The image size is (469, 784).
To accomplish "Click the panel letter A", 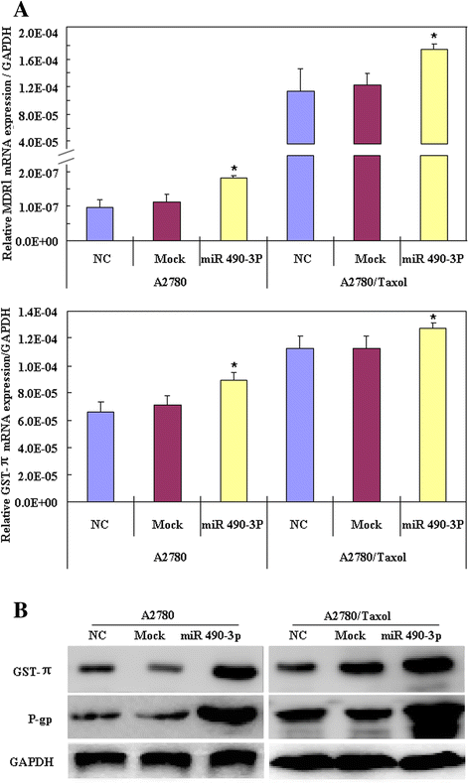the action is [x=21, y=10].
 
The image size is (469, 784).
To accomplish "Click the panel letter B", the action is [x=20, y=610].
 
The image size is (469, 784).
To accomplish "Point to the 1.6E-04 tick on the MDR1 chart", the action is [x=38, y=61].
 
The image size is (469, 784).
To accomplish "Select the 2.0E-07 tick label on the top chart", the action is [x=38, y=173].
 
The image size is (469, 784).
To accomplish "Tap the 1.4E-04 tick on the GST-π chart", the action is [x=38, y=312].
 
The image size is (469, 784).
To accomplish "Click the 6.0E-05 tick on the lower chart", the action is [x=38, y=421].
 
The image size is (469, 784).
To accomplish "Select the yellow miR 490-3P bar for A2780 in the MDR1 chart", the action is [x=234, y=209].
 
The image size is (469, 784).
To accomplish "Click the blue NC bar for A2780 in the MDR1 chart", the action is [x=100, y=224].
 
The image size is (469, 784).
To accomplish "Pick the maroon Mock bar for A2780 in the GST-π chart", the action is [x=167, y=453].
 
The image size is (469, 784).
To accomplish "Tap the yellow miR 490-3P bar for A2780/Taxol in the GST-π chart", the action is [x=432, y=415].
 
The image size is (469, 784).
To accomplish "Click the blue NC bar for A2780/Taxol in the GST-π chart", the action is [x=300, y=425].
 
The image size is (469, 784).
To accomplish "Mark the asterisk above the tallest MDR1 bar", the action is [x=434, y=37].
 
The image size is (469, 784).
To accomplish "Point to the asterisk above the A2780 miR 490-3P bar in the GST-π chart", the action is [x=234, y=365].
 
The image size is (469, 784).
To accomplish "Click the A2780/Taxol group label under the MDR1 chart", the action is [x=374, y=282].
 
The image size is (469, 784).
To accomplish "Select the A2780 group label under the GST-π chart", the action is [x=170, y=557].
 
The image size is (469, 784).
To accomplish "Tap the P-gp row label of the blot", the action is [x=40, y=719].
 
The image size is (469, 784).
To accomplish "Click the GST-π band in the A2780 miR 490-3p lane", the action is [x=233, y=672].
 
